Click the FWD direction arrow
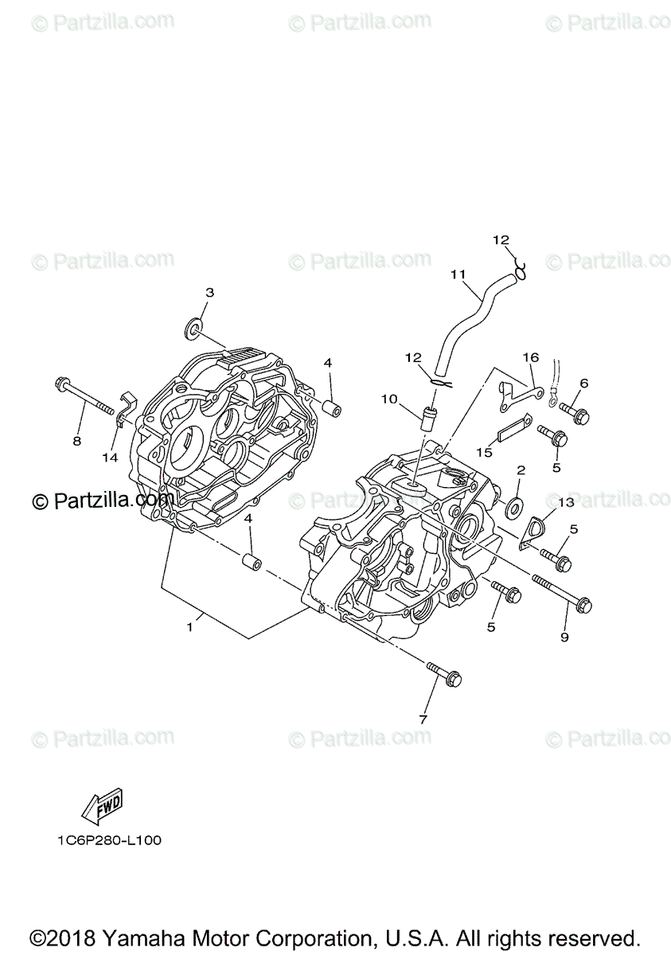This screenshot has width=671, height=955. tap(100, 808)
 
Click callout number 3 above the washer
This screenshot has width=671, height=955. tap(209, 293)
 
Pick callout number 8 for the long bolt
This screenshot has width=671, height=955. tap(77, 440)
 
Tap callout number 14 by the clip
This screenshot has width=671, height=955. tap(109, 457)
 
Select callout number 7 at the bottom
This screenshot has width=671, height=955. tap(423, 719)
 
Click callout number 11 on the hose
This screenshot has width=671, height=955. tap(457, 275)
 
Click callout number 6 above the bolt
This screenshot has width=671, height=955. tap(583, 383)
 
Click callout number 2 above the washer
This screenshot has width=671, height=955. tap(520, 470)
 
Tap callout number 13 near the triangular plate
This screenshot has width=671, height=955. tap(566, 502)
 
